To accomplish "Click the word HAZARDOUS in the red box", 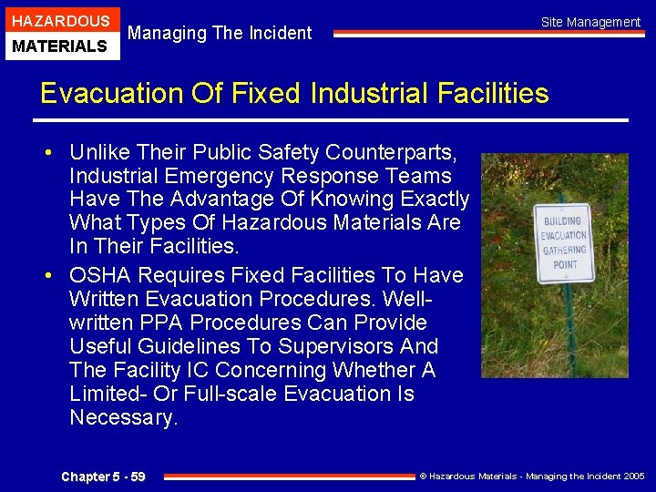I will [60, 21].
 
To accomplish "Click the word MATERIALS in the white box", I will [60, 46].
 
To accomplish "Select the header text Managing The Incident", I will [220, 34].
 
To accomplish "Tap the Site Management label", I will [590, 22].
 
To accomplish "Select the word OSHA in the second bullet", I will [97, 275].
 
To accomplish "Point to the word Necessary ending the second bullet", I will [122, 417].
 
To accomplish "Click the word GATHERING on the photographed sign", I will [563, 251].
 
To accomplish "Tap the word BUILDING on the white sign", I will [562, 220].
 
